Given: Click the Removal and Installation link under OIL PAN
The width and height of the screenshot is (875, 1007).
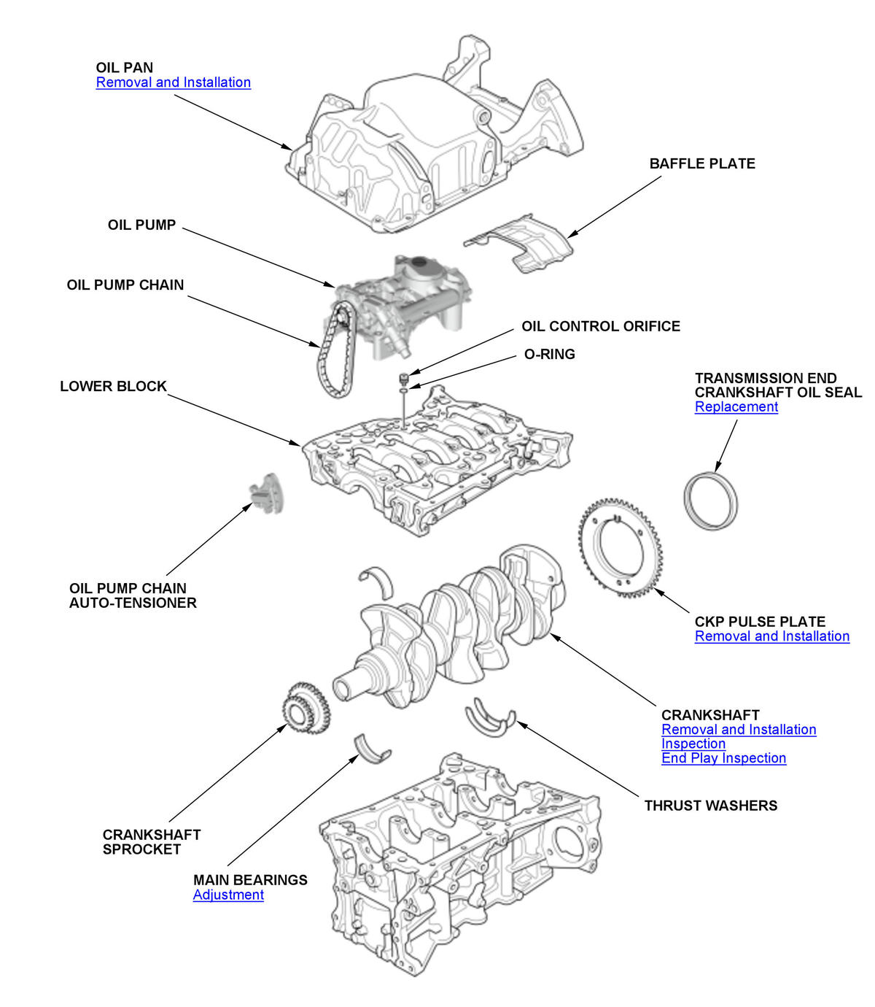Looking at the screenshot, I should [173, 82].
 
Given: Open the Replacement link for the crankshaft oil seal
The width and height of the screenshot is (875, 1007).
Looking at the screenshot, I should [736, 407].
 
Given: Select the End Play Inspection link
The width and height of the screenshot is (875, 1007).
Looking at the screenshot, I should [723, 758].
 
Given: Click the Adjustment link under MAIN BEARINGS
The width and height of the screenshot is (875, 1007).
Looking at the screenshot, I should [228, 895].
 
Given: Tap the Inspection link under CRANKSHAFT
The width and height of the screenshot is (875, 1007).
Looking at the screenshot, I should [693, 744].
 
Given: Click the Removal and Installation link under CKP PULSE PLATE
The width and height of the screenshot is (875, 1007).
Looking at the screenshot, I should [771, 636].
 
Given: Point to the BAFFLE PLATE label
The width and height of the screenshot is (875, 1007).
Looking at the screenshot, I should [701, 163].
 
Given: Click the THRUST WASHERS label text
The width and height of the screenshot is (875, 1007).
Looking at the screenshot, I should [710, 806].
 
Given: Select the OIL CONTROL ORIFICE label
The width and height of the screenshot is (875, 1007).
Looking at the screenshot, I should [600, 326].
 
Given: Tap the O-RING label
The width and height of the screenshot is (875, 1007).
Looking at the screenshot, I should [550, 354].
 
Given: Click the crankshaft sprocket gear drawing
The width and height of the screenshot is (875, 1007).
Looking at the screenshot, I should [304, 707].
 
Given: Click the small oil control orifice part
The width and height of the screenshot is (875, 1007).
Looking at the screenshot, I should [402, 379].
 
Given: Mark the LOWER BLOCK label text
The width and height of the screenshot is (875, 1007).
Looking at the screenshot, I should [113, 386].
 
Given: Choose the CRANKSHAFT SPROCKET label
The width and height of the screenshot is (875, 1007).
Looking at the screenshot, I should [151, 842].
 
